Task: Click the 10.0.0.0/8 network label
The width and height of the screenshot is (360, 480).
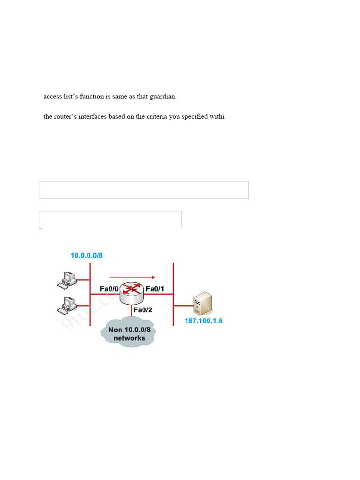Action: pos(86,255)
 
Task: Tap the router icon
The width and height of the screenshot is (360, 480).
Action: pos(132,292)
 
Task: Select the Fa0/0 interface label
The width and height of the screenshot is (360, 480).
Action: pos(109,289)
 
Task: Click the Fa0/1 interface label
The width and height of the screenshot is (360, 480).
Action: pos(155,289)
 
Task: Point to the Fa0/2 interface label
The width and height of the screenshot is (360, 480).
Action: pos(142,310)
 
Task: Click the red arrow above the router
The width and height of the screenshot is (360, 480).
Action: pos(132,277)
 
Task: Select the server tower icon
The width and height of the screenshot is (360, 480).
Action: pos(203,303)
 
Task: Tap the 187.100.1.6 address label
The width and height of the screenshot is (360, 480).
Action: pos(203,321)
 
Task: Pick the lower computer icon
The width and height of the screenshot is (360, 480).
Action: pos(67,305)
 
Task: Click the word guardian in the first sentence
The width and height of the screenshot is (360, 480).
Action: pos(163,97)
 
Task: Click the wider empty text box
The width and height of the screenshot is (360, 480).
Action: pos(143,190)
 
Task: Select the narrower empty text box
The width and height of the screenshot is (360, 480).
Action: pos(110,219)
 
